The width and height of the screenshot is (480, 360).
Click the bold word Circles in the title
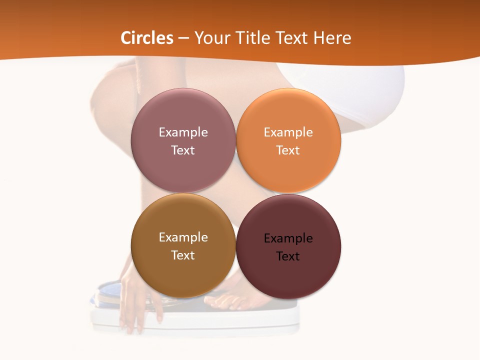(x=147, y=38)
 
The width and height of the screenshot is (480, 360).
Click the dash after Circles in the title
(x=183, y=38)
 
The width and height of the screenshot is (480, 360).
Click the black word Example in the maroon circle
(x=288, y=238)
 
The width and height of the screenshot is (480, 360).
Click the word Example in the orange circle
(x=288, y=132)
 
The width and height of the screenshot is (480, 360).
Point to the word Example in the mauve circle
(x=183, y=132)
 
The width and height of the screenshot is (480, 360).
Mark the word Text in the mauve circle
(x=183, y=150)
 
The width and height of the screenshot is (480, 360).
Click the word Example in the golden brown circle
(x=183, y=237)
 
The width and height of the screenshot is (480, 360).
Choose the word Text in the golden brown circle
(x=183, y=255)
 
